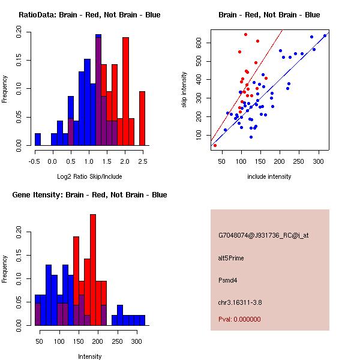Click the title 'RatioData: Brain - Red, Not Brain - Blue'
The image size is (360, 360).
89,15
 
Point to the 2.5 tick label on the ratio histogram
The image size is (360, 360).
143,161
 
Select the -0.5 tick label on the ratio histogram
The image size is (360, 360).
35,161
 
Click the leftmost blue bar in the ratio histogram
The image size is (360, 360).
38,139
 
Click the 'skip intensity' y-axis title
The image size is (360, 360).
185,90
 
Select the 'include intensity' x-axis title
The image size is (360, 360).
269,177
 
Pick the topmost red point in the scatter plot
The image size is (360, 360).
246,34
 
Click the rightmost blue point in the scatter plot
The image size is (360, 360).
325,35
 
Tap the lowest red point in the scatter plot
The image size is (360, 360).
215,145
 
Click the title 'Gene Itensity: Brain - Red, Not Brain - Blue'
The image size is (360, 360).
89,195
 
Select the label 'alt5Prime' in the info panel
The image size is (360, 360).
231,258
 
